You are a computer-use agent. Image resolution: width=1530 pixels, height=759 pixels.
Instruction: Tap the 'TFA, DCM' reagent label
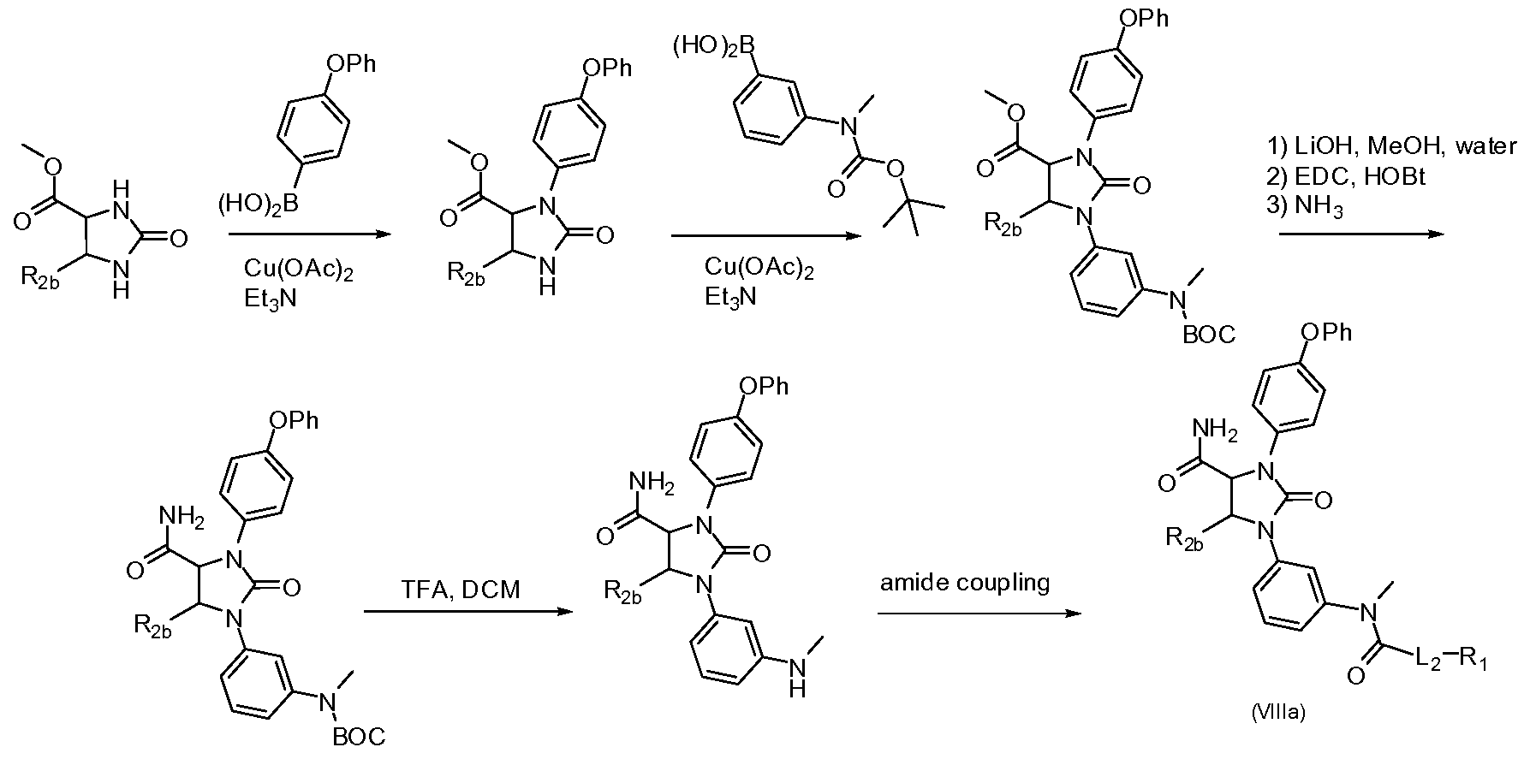pyautogui.click(x=461, y=590)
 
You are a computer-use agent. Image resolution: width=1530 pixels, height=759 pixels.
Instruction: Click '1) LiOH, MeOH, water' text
pyautogui.click(x=1392, y=146)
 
